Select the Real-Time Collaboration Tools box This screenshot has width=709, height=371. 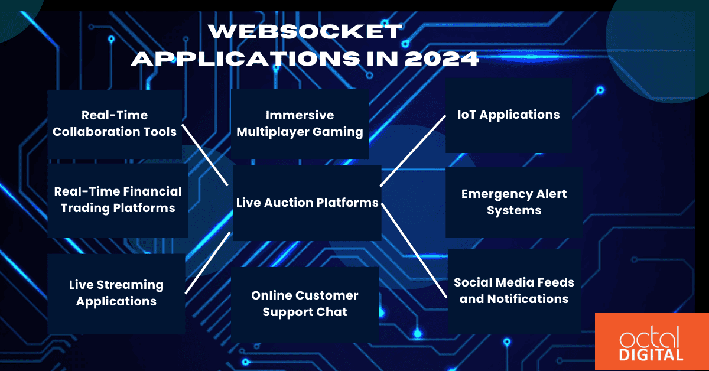tap(115, 123)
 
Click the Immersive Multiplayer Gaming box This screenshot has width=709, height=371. tap(300, 123)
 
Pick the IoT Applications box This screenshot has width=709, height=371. tap(508, 115)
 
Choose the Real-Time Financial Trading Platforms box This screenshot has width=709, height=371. tap(118, 200)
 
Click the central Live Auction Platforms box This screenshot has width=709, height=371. tap(307, 203)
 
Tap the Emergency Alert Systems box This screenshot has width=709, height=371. tap(513, 202)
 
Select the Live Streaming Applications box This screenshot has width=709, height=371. tap(116, 293)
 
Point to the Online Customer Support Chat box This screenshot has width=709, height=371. tap(304, 304)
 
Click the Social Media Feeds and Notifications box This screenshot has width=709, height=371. tap(513, 291)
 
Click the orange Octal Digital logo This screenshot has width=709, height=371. tap(652, 342)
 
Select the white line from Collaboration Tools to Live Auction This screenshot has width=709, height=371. tap(204, 154)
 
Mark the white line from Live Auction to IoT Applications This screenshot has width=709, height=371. tap(413, 151)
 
